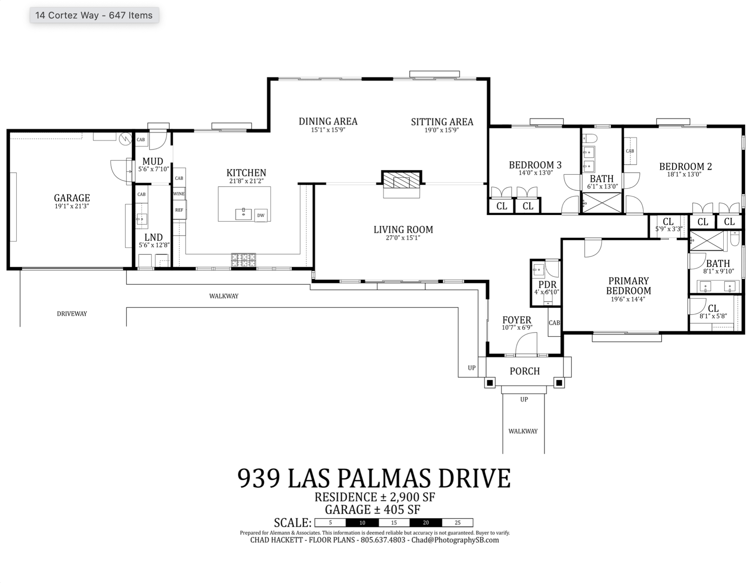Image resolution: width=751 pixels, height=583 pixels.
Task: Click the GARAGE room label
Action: coord(72,198)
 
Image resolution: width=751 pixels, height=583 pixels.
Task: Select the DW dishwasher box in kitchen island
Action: coord(261,215)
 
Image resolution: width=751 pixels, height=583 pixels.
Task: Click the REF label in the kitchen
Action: coord(179,210)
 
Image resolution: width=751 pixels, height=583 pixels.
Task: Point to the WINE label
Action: coord(179,194)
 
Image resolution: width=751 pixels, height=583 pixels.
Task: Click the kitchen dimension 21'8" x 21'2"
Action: coord(247,181)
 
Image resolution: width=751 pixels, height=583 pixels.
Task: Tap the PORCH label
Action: coord(525,371)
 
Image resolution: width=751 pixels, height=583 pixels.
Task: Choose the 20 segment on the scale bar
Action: coord(425,523)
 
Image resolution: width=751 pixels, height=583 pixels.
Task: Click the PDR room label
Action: coord(547,284)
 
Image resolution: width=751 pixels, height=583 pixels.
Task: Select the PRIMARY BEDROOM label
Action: coord(628,286)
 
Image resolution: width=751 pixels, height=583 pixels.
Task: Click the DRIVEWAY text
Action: coord(72,314)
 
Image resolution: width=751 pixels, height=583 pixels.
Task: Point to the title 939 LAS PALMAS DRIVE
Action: coord(374,478)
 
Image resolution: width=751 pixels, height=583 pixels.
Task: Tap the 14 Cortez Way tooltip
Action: coord(94,15)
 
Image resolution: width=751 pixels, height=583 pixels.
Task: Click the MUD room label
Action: coord(152,161)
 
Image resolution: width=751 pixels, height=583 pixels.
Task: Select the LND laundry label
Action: coord(153,237)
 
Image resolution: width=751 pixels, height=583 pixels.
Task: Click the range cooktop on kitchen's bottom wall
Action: coord(243,260)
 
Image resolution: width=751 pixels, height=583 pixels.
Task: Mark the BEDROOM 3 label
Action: coord(535,165)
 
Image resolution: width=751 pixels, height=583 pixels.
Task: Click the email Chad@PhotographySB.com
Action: coord(455,540)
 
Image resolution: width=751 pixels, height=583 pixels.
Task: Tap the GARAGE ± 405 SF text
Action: coord(372,509)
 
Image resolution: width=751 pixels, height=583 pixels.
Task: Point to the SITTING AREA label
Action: coord(442,122)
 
